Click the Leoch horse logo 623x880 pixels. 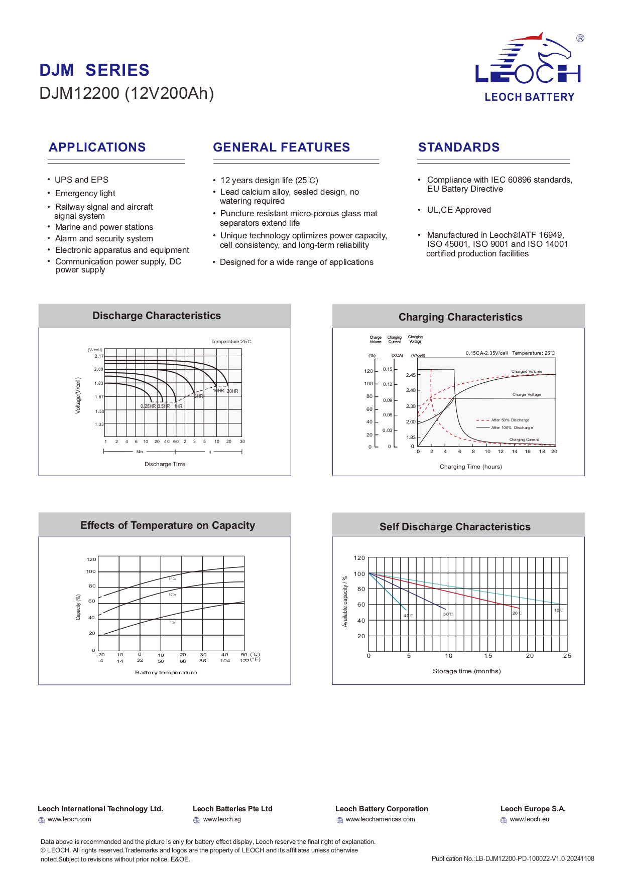(x=528, y=59)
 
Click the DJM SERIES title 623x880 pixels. (x=94, y=70)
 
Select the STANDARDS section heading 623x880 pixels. (x=459, y=148)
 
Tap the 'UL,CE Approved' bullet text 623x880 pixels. (x=459, y=210)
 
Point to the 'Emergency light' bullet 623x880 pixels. (x=85, y=194)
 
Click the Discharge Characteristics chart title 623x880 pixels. (x=157, y=316)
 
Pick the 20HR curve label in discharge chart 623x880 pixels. (x=232, y=391)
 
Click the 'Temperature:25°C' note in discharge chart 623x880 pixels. (x=231, y=342)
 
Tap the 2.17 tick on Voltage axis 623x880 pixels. (x=99, y=356)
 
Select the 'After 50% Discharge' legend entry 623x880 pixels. (x=510, y=420)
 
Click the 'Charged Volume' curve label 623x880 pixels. (x=527, y=372)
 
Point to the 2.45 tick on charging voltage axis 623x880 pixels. (x=411, y=375)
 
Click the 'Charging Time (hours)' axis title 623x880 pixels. (x=470, y=467)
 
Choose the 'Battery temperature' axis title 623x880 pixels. (x=166, y=673)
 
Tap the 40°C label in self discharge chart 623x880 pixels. (x=409, y=616)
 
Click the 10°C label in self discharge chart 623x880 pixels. (x=558, y=611)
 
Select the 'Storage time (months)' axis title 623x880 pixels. (x=466, y=671)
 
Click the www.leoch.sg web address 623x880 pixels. (x=222, y=820)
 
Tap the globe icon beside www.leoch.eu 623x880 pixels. (x=504, y=820)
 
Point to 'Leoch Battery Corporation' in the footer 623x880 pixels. (x=382, y=809)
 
